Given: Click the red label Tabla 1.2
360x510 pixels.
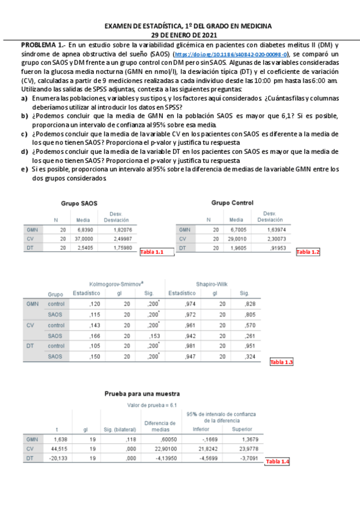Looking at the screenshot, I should pyautogui.click(x=308, y=251).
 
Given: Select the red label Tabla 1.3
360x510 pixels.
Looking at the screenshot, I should pyautogui.click(x=281, y=362).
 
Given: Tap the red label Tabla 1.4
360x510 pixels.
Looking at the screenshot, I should pyautogui.click(x=277, y=461).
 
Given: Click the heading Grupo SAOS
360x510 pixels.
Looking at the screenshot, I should pyautogui.click(x=79, y=203).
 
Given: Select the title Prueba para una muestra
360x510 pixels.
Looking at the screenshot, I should pyautogui.click(x=142, y=393).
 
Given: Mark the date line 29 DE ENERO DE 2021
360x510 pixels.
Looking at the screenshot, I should pyautogui.click(x=188, y=34).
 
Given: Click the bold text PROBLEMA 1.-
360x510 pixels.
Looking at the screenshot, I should pyautogui.click(x=43, y=46).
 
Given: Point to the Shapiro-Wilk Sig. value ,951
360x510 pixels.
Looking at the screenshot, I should pyautogui.click(x=245, y=346).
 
